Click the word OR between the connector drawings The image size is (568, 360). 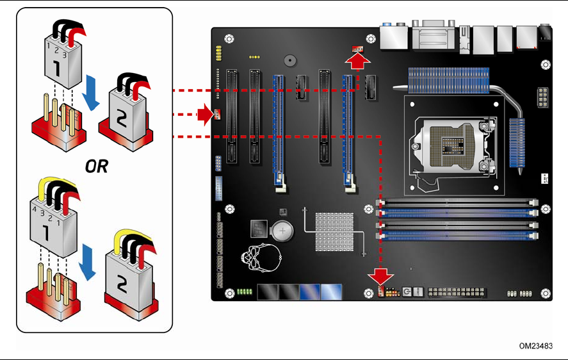click(97, 167)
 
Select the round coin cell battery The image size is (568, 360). click(284, 231)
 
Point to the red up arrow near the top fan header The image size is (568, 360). click(358, 61)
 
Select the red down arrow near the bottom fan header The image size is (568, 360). click(382, 275)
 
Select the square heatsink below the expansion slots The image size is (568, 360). click(334, 232)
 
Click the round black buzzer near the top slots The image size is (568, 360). click(289, 61)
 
